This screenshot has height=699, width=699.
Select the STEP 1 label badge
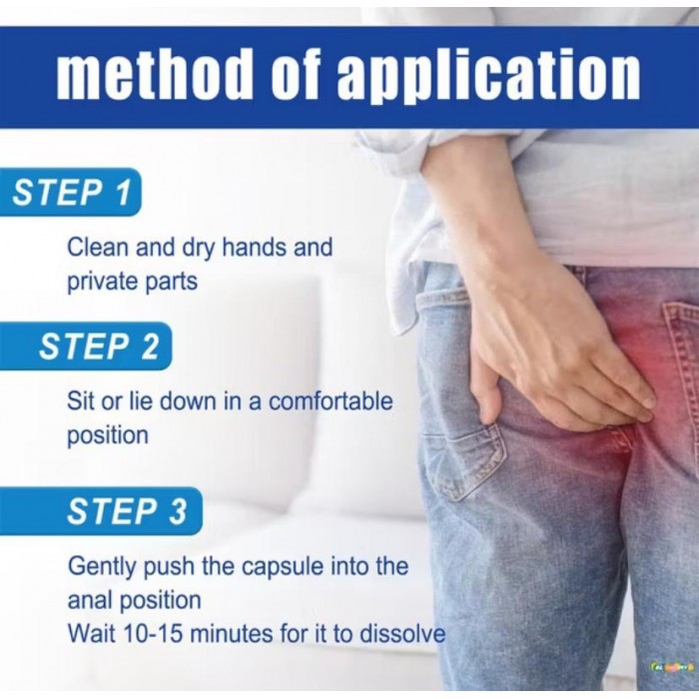[71, 192]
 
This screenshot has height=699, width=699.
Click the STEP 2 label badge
[86, 346]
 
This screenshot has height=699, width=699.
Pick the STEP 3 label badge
[101, 511]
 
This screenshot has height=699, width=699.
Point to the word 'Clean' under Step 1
[98, 247]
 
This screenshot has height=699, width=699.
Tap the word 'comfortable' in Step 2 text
[332, 400]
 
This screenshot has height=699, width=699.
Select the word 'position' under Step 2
[108, 435]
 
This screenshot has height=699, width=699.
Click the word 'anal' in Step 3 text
[90, 600]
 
